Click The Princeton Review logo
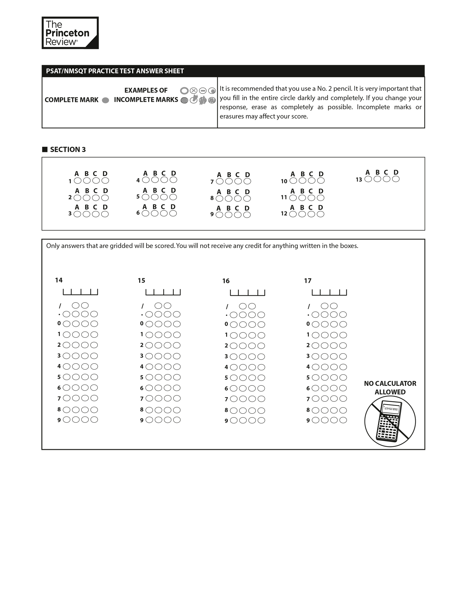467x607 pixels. click(x=70, y=33)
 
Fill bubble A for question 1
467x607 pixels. click(x=77, y=180)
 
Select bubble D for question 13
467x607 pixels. click(x=396, y=179)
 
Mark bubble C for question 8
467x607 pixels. click(x=238, y=198)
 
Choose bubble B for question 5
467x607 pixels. click(x=155, y=197)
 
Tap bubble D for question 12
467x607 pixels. click(x=320, y=214)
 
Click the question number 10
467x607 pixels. click(x=284, y=181)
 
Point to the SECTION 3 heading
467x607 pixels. click(x=68, y=149)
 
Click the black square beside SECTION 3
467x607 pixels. click(x=45, y=149)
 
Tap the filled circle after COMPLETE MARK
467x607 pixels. click(x=105, y=100)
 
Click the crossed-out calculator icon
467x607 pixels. click(x=390, y=421)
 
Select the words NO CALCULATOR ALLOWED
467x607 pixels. click(x=390, y=387)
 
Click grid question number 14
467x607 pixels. click(x=59, y=280)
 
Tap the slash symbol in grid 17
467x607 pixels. click(x=309, y=306)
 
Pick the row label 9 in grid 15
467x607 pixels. click(x=142, y=420)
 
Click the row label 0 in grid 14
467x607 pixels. click(x=59, y=323)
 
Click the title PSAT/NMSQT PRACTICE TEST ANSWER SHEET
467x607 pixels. click(x=115, y=71)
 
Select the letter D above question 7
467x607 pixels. click(x=247, y=174)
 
